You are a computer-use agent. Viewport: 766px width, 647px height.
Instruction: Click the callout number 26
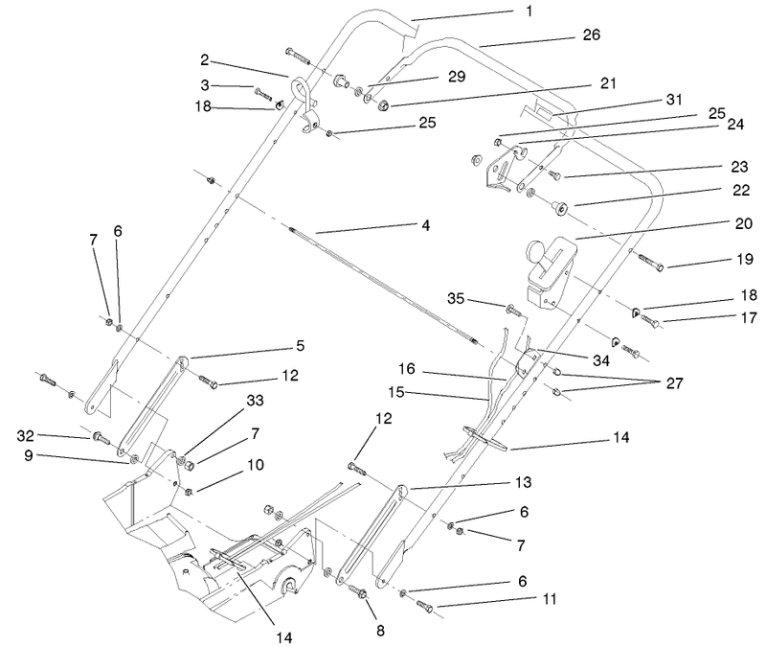click(591, 35)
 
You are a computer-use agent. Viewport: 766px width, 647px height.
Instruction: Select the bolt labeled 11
click(423, 607)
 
